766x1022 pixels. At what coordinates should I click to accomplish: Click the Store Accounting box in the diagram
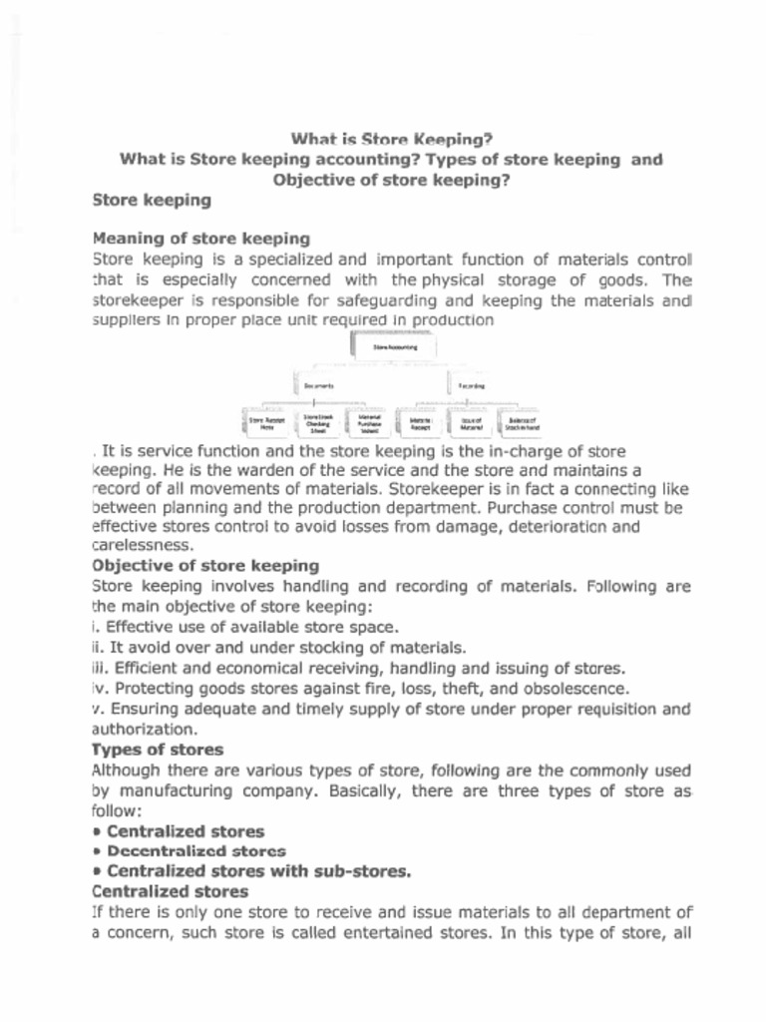[x=395, y=347]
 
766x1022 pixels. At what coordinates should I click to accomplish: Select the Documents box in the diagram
[x=319, y=384]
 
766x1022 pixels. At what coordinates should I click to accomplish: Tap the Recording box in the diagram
[x=471, y=384]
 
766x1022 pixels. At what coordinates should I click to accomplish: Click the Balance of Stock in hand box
[x=522, y=423]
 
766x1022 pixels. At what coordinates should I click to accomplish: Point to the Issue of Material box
[x=471, y=423]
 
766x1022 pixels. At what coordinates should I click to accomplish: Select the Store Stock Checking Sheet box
[x=318, y=424]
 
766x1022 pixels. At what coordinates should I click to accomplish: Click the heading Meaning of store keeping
[x=200, y=239]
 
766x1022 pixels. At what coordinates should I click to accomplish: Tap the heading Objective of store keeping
[x=204, y=566]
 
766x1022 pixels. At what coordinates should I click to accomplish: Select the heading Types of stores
[x=158, y=750]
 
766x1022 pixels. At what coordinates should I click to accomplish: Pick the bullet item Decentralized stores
[x=195, y=851]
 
